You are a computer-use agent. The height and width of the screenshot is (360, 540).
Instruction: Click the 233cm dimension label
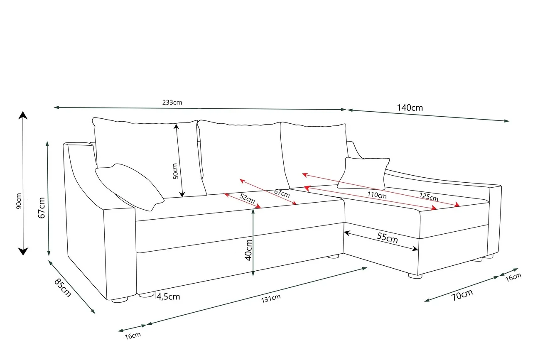[172, 103]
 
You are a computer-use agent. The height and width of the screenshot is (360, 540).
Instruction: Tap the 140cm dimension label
[410, 108]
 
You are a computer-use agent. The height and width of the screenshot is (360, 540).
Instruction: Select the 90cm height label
[19, 201]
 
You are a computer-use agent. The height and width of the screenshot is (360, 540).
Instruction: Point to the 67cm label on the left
[42, 208]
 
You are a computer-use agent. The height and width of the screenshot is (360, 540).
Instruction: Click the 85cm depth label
[63, 288]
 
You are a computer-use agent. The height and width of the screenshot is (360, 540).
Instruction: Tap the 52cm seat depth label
[247, 198]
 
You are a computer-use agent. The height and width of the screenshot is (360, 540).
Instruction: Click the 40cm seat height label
[248, 250]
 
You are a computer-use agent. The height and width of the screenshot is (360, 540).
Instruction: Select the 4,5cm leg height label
[168, 296]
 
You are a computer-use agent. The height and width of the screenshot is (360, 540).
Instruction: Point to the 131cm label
[271, 298]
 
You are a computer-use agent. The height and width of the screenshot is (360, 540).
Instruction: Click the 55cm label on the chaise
[387, 238]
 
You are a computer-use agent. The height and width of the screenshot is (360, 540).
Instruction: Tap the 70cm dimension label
[462, 295]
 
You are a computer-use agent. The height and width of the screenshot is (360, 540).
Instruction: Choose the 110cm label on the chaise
[377, 195]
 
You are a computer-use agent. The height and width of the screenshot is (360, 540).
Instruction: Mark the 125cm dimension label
[429, 197]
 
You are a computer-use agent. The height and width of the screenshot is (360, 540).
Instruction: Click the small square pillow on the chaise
[363, 173]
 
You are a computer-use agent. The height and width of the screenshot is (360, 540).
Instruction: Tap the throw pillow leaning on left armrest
[129, 187]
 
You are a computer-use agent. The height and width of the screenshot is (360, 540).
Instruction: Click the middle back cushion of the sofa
[243, 157]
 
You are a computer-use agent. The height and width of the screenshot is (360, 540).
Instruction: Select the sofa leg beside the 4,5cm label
[146, 294]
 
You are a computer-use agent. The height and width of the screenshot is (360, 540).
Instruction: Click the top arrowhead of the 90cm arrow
[23, 115]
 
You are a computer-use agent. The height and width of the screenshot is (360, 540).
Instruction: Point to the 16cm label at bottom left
[133, 336]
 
